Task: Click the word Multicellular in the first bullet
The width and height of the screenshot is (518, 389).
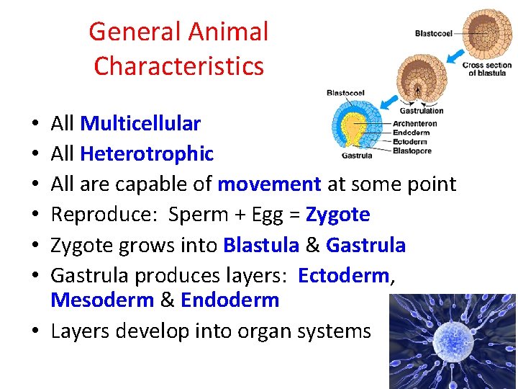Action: (x=140, y=124)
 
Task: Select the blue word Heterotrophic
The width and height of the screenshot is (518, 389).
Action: (x=147, y=154)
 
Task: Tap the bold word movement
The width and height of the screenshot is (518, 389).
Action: (x=269, y=184)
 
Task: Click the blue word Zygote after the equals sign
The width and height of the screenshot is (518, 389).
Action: (x=337, y=215)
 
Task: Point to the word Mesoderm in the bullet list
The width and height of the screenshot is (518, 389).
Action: (x=102, y=300)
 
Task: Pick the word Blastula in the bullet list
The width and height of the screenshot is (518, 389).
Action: (x=261, y=245)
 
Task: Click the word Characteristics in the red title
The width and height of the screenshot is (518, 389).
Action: (x=178, y=66)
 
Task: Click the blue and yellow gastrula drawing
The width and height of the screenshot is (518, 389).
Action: (x=355, y=125)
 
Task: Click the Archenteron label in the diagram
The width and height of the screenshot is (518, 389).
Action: (x=415, y=124)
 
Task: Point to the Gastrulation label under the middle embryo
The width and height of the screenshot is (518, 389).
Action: (x=421, y=111)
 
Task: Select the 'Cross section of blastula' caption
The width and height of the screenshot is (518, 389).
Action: (x=486, y=69)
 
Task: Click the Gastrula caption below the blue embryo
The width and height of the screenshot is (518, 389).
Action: (x=356, y=155)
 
